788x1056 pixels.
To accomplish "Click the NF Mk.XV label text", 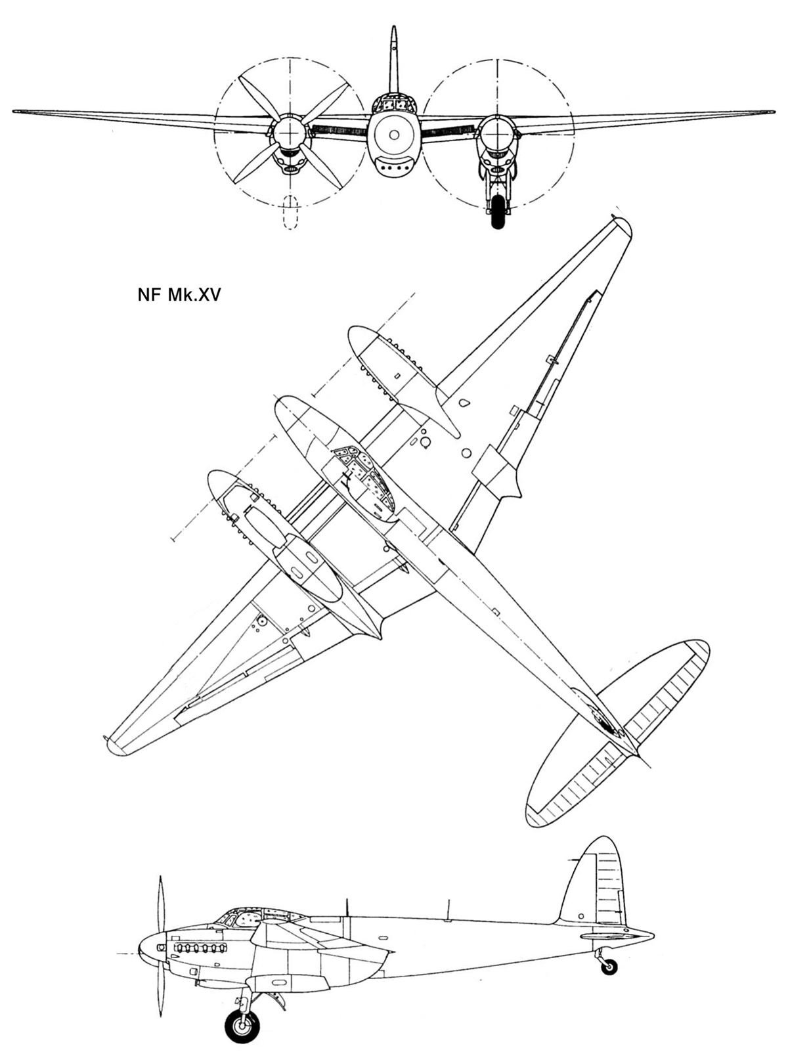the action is pyautogui.click(x=179, y=295).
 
